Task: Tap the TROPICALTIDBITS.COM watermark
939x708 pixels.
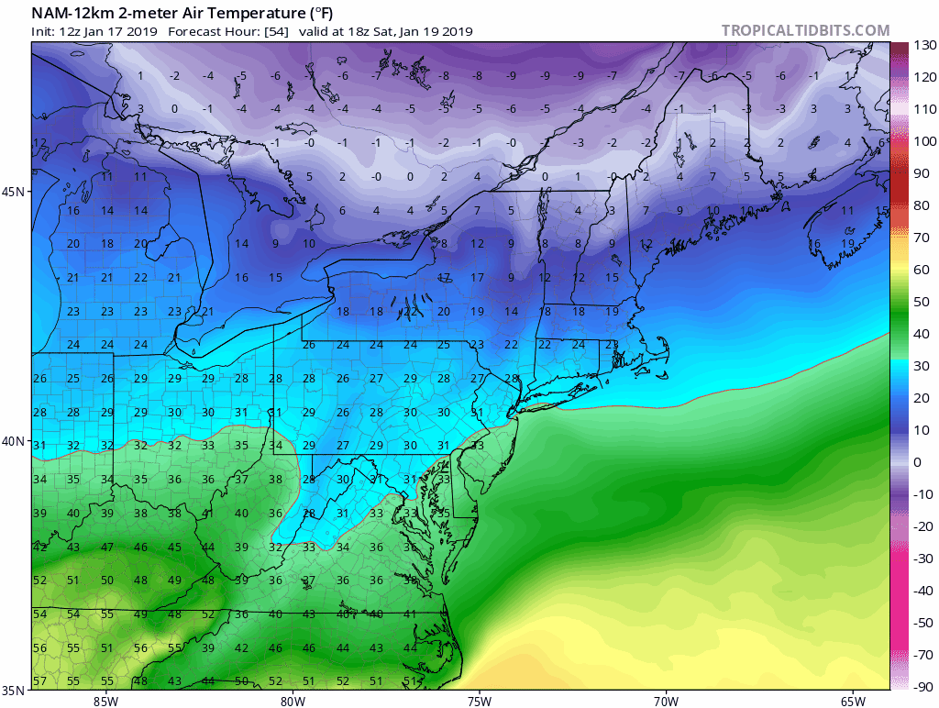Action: coord(805,31)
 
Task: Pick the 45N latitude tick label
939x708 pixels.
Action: coord(14,192)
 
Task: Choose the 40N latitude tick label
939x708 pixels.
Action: coord(14,441)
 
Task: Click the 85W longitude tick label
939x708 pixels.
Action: coord(105,702)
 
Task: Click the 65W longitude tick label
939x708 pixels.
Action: coord(852,702)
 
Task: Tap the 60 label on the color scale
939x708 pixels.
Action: coord(921,270)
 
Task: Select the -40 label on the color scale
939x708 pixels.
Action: coord(922,591)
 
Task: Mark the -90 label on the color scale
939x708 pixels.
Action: coord(922,687)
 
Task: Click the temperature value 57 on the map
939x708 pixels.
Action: coord(39,681)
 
